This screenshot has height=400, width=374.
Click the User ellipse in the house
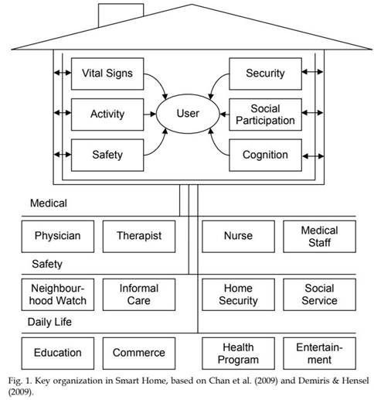point(188,114)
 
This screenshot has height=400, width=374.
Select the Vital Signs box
point(107,74)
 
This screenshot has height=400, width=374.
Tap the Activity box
point(107,115)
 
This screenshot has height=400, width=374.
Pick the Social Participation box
point(265,115)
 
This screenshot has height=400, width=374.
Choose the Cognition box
point(265,155)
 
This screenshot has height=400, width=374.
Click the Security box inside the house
point(265,74)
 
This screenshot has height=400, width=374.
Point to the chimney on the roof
point(121,15)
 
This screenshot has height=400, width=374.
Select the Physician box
point(58,236)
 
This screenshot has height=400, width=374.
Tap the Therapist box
point(139,236)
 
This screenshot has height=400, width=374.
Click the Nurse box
point(238,236)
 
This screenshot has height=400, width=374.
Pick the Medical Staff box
point(320,236)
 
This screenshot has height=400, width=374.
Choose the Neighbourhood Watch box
point(58,295)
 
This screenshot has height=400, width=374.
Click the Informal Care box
point(139,295)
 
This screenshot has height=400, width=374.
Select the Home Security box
point(238,295)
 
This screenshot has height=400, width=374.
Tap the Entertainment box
point(320,354)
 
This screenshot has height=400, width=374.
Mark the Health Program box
point(238,354)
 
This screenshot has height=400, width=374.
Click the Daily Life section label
point(49,322)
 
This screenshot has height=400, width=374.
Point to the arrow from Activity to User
point(150,114)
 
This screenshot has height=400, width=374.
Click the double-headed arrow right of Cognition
point(313,156)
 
